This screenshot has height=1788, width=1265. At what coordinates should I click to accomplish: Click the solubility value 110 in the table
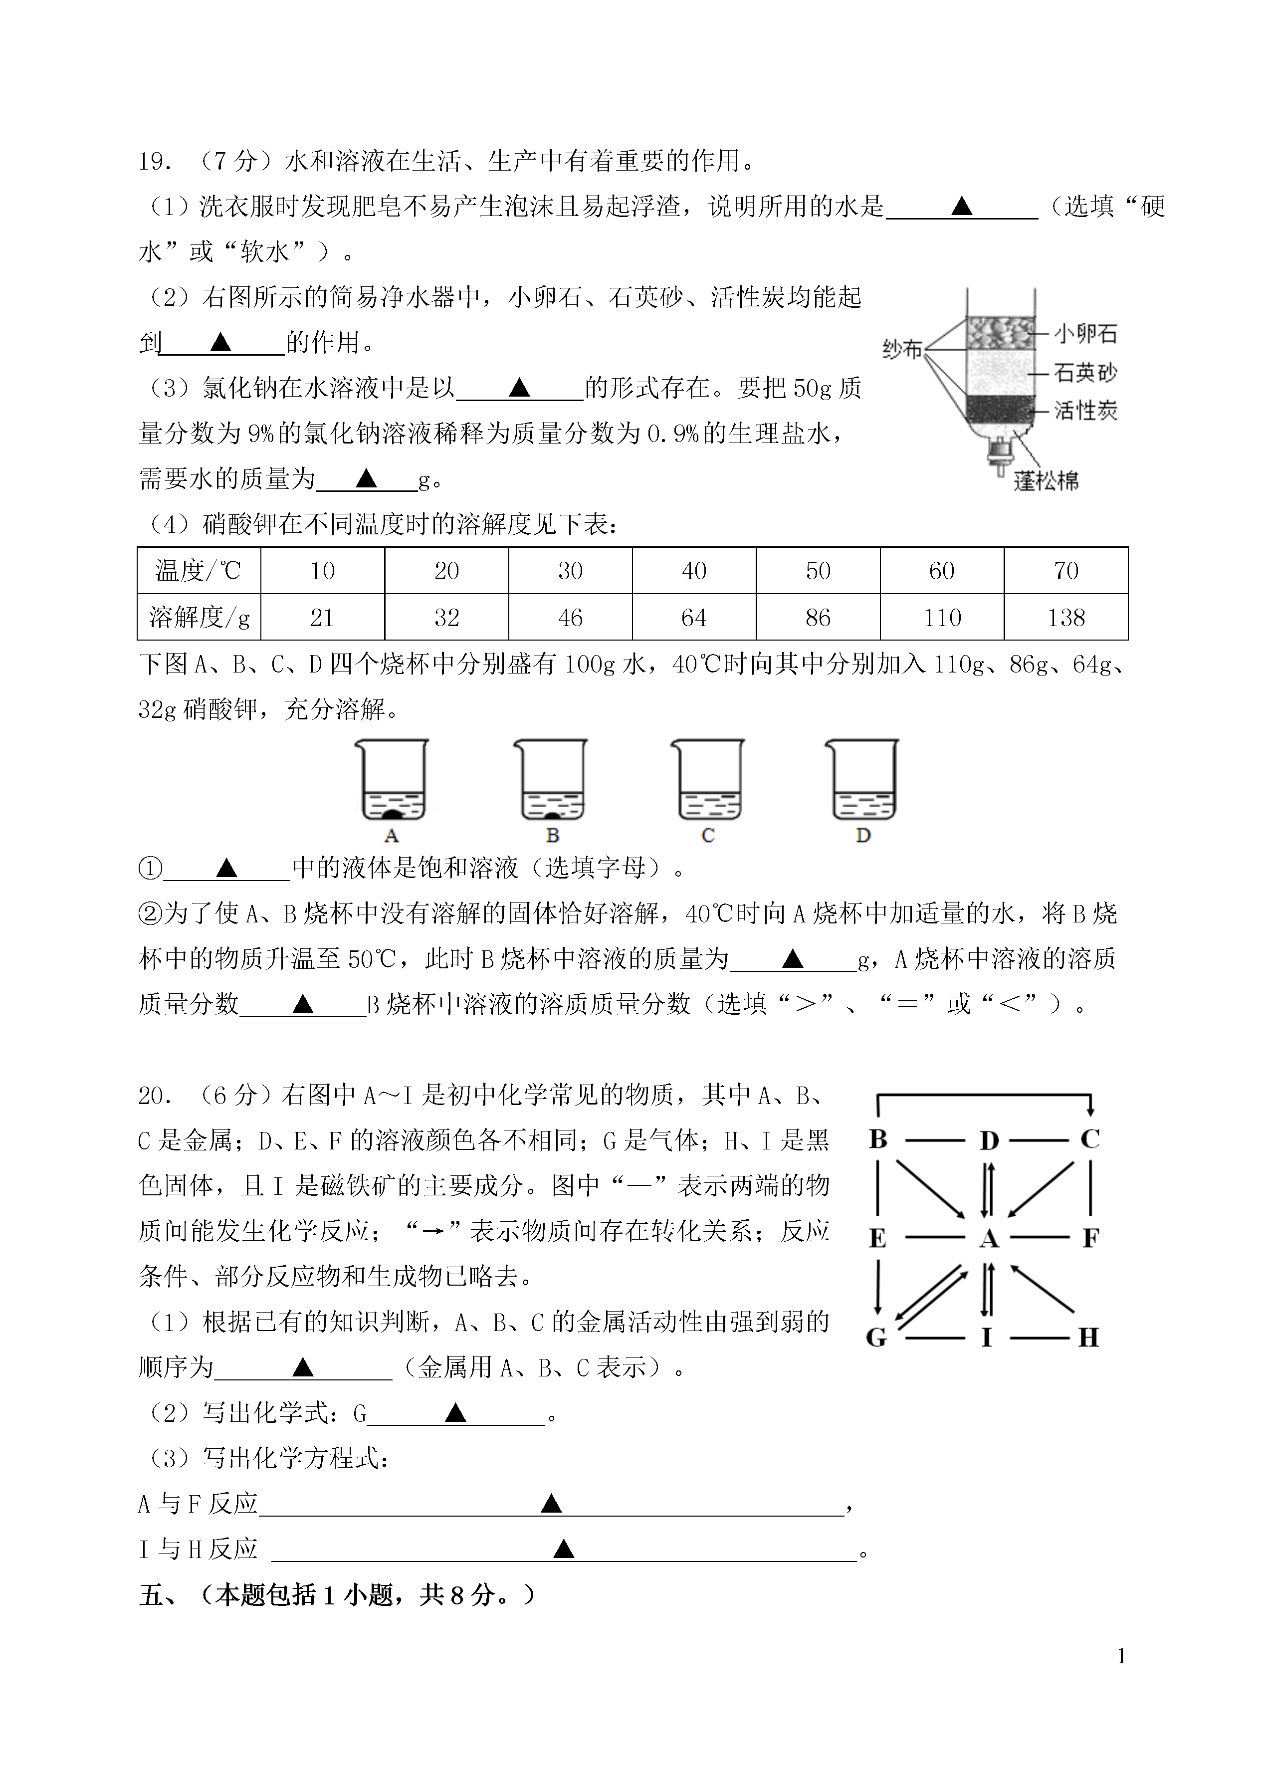[x=942, y=618]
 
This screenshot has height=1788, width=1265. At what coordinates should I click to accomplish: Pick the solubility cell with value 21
[x=322, y=618]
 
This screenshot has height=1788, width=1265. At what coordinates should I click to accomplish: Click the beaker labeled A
[x=392, y=780]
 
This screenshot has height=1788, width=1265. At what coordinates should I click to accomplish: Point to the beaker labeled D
[x=862, y=780]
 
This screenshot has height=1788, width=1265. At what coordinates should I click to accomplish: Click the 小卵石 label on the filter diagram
[x=1085, y=334]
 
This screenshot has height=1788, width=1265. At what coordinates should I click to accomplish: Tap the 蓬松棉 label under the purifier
[x=1046, y=481]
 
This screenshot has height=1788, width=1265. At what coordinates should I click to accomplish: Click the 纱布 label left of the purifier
[x=902, y=350]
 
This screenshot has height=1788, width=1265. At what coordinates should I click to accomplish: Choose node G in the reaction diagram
[x=876, y=1338]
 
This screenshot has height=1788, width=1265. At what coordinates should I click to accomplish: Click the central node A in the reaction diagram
[x=988, y=1238]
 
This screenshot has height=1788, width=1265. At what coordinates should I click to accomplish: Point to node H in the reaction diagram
[x=1088, y=1338]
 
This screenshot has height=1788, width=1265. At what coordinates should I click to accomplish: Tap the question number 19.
[x=154, y=161]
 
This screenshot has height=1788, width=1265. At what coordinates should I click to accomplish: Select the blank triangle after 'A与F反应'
[x=552, y=1503]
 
